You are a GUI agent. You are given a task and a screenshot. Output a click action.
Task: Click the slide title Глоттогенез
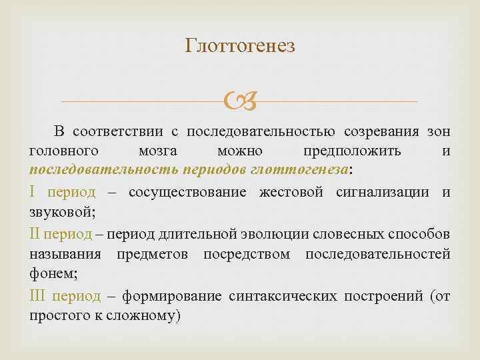[239, 46]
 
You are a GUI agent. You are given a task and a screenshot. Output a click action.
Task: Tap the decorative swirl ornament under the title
[239, 102]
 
